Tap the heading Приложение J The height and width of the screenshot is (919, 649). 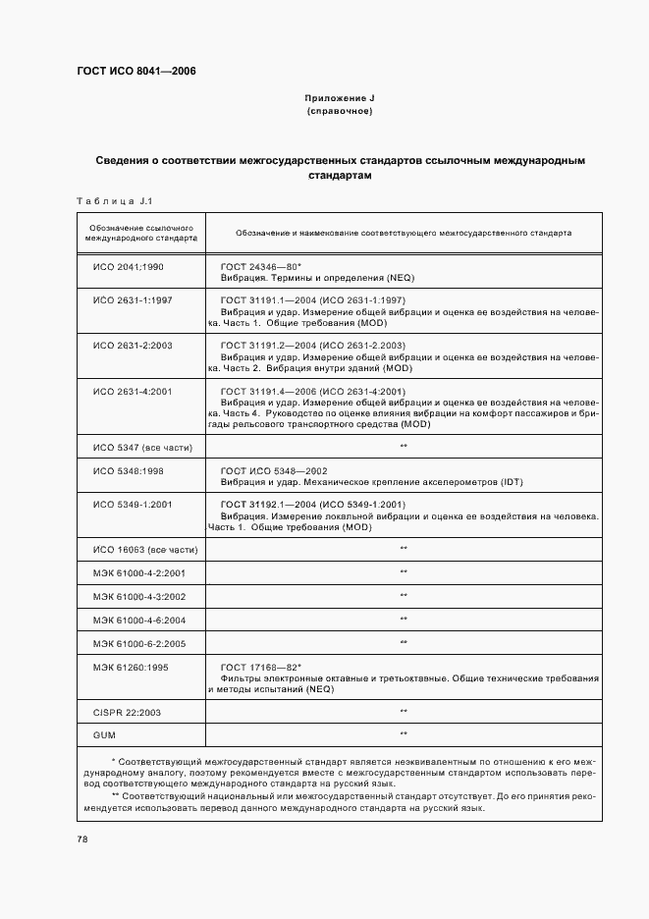point(340,98)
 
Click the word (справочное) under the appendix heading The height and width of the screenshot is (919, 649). point(339,111)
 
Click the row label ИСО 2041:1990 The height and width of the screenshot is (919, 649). point(129,266)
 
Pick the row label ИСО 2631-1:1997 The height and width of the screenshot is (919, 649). point(133,299)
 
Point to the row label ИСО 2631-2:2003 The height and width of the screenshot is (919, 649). point(133,346)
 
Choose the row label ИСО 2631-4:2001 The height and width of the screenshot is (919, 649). point(133,392)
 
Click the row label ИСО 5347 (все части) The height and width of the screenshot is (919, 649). point(142,447)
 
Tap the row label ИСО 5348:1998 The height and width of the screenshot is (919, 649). point(129,471)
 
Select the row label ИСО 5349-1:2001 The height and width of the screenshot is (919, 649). point(133,505)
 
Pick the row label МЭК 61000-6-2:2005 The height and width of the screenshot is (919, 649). point(139,642)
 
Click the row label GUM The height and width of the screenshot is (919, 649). point(103,733)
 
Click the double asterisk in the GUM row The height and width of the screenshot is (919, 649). point(404,733)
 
